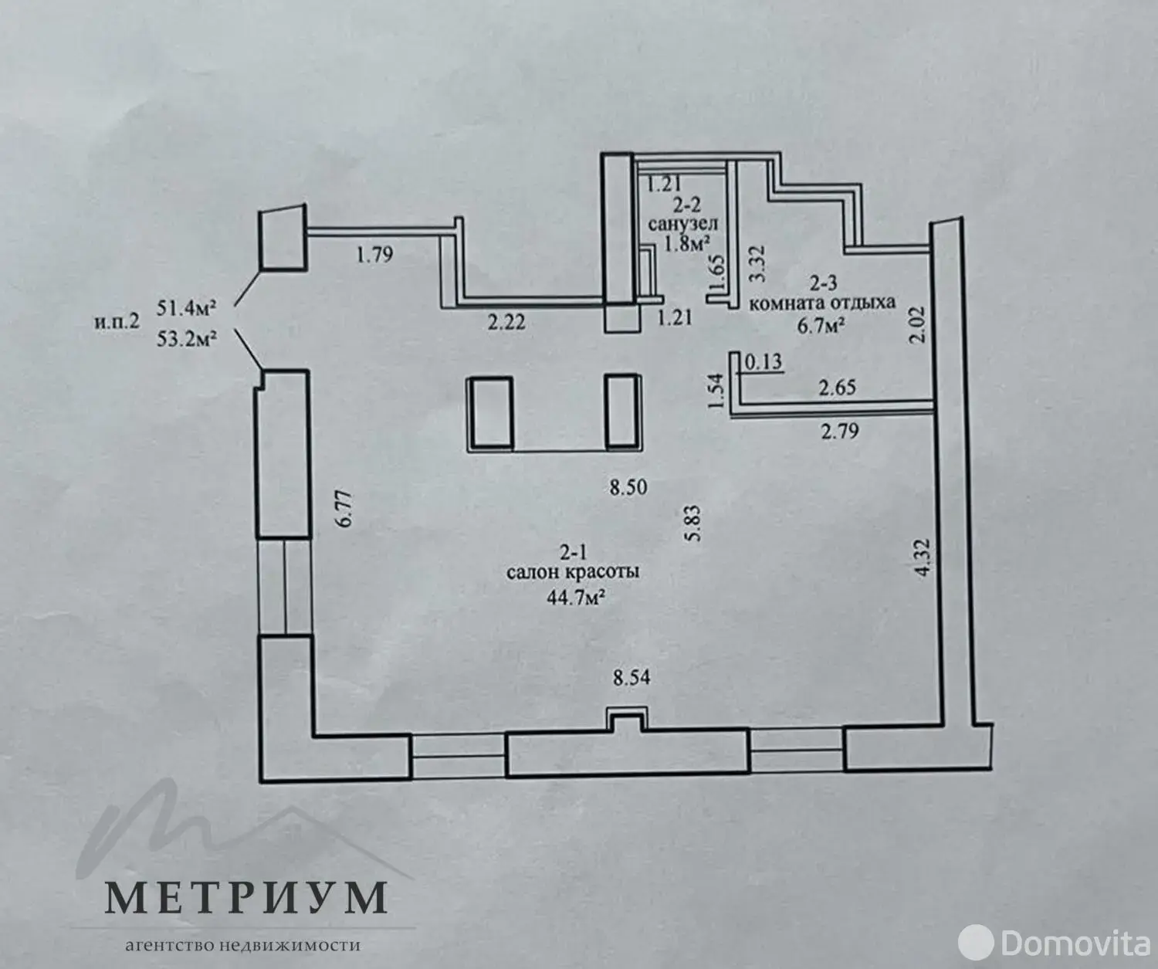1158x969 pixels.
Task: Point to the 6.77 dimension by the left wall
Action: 345,509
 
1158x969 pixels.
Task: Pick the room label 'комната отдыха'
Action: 821,302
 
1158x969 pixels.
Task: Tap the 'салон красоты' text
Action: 572,572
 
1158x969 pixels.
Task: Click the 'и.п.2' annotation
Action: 117,321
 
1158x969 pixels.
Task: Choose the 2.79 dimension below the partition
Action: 839,431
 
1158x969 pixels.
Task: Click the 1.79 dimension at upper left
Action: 374,253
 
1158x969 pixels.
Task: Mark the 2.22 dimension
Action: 506,321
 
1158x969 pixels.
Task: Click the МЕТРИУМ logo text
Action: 245,896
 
